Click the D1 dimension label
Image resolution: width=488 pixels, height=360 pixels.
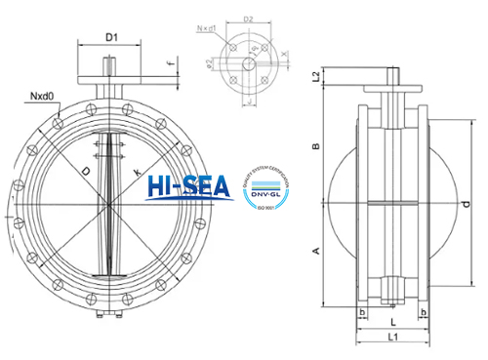[110, 37]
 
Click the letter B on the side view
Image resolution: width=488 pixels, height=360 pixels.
[315, 146]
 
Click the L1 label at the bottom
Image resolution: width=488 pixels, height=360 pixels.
[390, 338]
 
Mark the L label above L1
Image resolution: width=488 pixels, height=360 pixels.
[390, 319]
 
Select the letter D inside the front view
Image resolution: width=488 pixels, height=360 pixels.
[87, 172]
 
